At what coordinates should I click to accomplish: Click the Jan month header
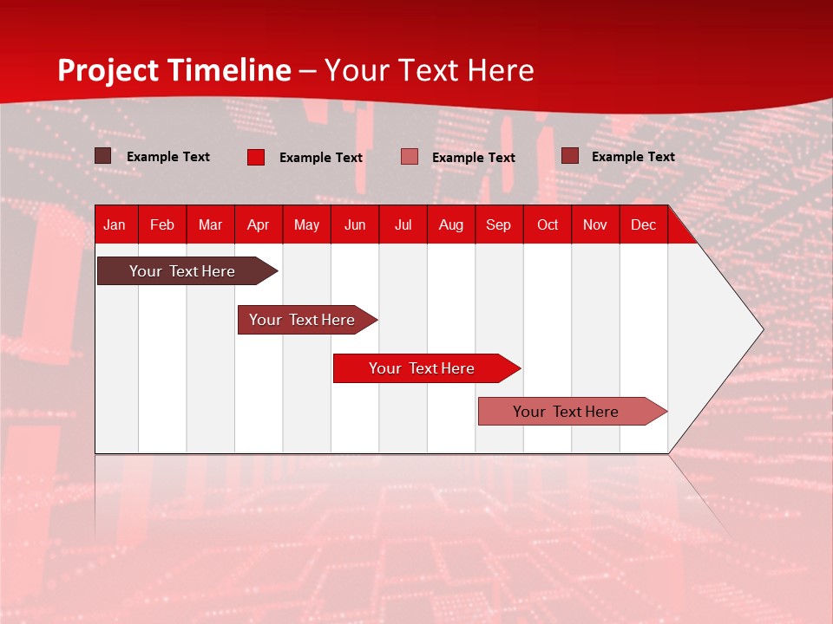pyautogui.click(x=115, y=225)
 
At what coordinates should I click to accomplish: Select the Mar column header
pyautogui.click(x=210, y=225)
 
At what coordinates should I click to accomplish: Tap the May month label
pyautogui.click(x=306, y=225)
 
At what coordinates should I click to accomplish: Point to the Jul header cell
pyautogui.click(x=403, y=225)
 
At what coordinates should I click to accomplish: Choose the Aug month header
pyautogui.click(x=450, y=225)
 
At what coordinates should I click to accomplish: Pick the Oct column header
pyautogui.click(x=547, y=225)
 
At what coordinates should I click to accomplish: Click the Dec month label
pyautogui.click(x=643, y=225)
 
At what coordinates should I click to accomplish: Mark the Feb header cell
pyautogui.click(x=162, y=225)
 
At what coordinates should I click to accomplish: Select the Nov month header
pyautogui.click(x=594, y=225)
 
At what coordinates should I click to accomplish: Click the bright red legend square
pyautogui.click(x=256, y=157)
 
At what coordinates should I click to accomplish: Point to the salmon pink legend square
pyautogui.click(x=410, y=157)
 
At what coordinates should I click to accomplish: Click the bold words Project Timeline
pyautogui.click(x=174, y=70)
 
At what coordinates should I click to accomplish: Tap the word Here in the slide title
pyautogui.click(x=500, y=70)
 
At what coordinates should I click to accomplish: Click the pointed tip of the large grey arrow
pyautogui.click(x=761, y=329)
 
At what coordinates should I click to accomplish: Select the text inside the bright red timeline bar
pyautogui.click(x=421, y=368)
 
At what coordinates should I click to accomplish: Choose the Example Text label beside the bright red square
pyautogui.click(x=320, y=158)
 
